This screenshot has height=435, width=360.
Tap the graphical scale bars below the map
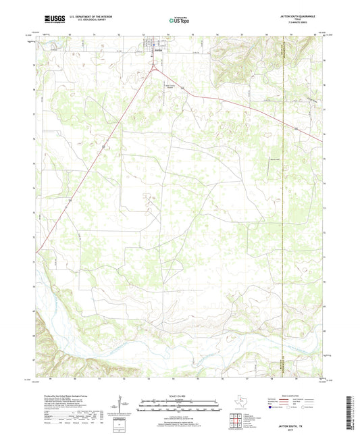pyautogui.click(x=180, y=406)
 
